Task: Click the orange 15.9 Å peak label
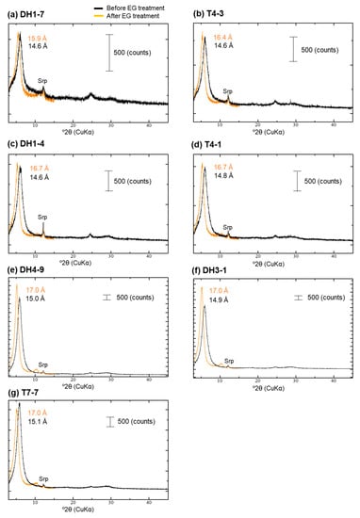pos(40,38)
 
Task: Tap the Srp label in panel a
pos(42,93)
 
